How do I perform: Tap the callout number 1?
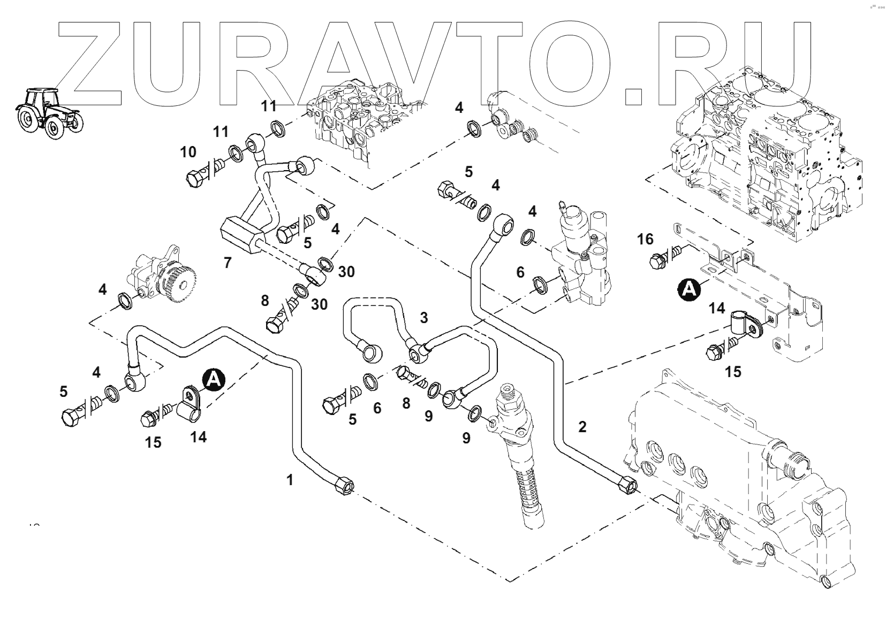290,480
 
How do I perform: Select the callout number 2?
582,426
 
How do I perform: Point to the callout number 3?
424,318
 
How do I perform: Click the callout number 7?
228,263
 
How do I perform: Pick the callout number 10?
188,152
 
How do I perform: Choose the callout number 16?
645,239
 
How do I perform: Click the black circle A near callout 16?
689,289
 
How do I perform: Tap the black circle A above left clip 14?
214,380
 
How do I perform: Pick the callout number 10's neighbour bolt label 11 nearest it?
221,131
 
